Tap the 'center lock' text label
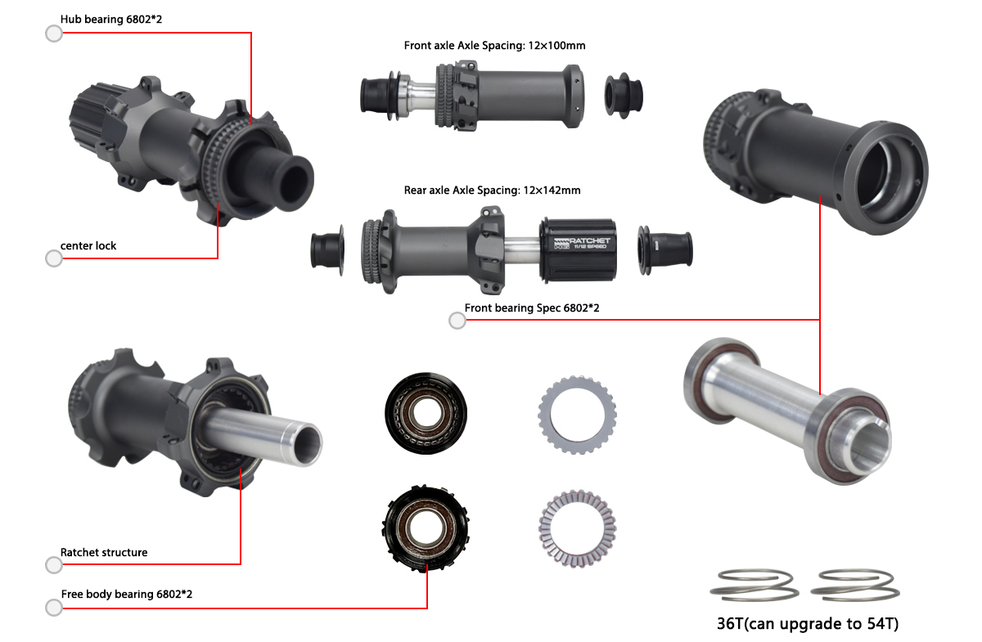point(88,245)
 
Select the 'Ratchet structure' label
point(104,552)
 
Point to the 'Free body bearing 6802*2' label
point(127,594)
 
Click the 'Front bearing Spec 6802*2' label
point(532,308)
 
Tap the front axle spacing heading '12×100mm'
point(494,46)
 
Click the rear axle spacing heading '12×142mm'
point(492,191)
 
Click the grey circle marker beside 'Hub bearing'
point(54,34)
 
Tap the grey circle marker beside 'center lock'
point(54,258)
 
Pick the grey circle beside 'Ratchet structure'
point(54,565)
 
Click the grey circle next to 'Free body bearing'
point(54,607)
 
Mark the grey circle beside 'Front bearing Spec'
point(458,321)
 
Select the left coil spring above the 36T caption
point(754,584)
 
